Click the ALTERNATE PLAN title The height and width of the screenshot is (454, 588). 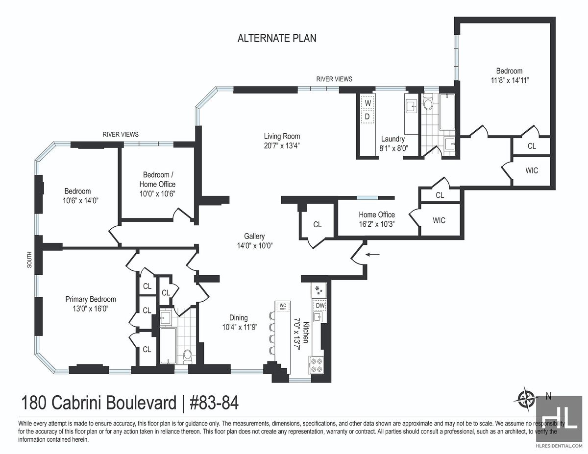pyautogui.click(x=277, y=38)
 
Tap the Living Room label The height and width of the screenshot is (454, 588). pyautogui.click(x=282, y=136)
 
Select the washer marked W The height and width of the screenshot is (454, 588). pyautogui.click(x=367, y=103)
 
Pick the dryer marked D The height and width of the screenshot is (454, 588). pyautogui.click(x=367, y=117)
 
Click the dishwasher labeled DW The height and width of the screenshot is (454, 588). pyautogui.click(x=320, y=305)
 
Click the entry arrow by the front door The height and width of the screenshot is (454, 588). pyautogui.click(x=372, y=254)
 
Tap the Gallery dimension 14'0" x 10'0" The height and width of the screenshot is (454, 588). pyautogui.click(x=255, y=245)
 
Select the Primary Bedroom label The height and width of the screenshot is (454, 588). pyautogui.click(x=91, y=299)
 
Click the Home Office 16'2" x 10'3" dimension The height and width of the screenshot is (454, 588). pyautogui.click(x=377, y=224)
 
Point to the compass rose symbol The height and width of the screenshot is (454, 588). pyautogui.click(x=525, y=399)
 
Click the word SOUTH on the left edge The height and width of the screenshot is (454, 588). pyautogui.click(x=29, y=260)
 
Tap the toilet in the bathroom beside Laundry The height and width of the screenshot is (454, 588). pyautogui.click(x=428, y=103)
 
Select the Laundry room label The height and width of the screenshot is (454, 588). pyautogui.click(x=393, y=139)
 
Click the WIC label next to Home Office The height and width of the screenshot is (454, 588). pyautogui.click(x=439, y=220)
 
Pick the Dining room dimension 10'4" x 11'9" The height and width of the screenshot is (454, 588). pyautogui.click(x=240, y=327)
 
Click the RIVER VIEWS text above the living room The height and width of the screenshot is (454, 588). pyautogui.click(x=334, y=79)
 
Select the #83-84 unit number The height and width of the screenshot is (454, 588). pyautogui.click(x=214, y=403)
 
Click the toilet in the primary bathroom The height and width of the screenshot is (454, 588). pyautogui.click(x=188, y=357)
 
